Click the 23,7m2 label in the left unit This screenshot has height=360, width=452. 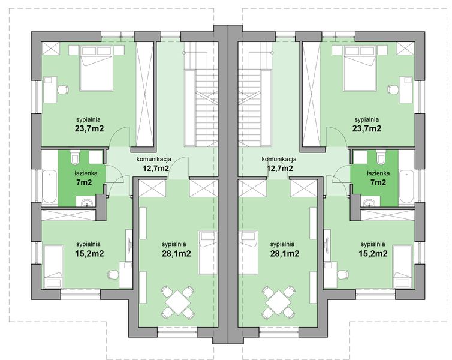pyautogui.click(x=89, y=128)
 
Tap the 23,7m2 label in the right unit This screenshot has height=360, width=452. pyautogui.click(x=367, y=128)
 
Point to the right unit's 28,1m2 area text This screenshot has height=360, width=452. pyautogui.click(x=285, y=253)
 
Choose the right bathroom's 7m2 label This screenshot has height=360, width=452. pyautogui.click(x=379, y=182)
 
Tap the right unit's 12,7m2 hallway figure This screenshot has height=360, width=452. pyautogui.click(x=279, y=168)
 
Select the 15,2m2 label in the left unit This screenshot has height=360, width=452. pyautogui.click(x=89, y=253)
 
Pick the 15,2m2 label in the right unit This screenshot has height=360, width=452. pyautogui.click(x=373, y=253)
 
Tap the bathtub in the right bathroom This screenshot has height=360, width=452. pyautogui.click(x=406, y=185)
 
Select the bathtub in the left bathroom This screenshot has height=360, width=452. pyautogui.click(x=48, y=185)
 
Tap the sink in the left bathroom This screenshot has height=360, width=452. pyautogui.click(x=88, y=200)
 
